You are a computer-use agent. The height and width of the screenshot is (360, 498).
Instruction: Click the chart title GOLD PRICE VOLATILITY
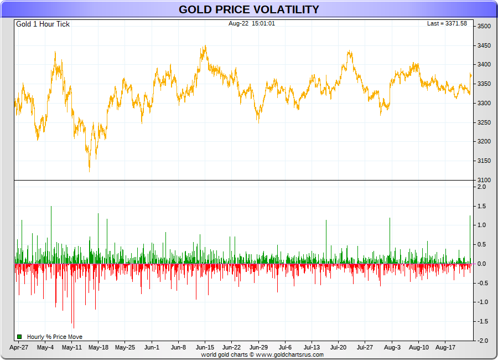point(248,9)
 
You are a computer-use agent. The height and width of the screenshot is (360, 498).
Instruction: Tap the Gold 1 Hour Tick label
point(43,24)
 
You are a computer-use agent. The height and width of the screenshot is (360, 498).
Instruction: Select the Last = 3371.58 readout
point(447,23)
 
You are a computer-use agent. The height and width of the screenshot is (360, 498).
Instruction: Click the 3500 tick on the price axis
point(484,27)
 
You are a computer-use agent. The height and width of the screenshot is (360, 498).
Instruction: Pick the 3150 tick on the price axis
point(484,161)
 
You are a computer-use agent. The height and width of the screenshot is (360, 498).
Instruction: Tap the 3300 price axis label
point(484,104)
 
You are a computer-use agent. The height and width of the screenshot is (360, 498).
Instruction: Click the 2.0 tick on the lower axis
point(481,187)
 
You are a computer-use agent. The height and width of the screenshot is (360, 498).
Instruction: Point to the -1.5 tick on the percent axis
point(483,322)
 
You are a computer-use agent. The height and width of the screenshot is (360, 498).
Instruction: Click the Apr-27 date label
point(19,348)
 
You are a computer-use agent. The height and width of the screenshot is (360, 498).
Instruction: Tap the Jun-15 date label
point(205,348)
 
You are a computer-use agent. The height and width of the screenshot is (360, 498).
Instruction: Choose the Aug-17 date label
point(445,348)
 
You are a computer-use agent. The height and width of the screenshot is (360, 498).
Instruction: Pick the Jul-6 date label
point(285,348)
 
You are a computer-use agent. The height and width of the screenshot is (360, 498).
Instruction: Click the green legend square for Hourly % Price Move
point(19,337)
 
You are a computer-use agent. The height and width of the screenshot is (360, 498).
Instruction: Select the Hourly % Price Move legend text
point(55,337)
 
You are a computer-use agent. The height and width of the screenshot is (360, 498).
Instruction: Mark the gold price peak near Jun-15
point(205,47)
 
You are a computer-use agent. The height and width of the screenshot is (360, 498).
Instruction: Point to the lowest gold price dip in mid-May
point(90,170)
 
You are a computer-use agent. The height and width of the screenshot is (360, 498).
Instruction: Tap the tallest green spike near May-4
point(51,207)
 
